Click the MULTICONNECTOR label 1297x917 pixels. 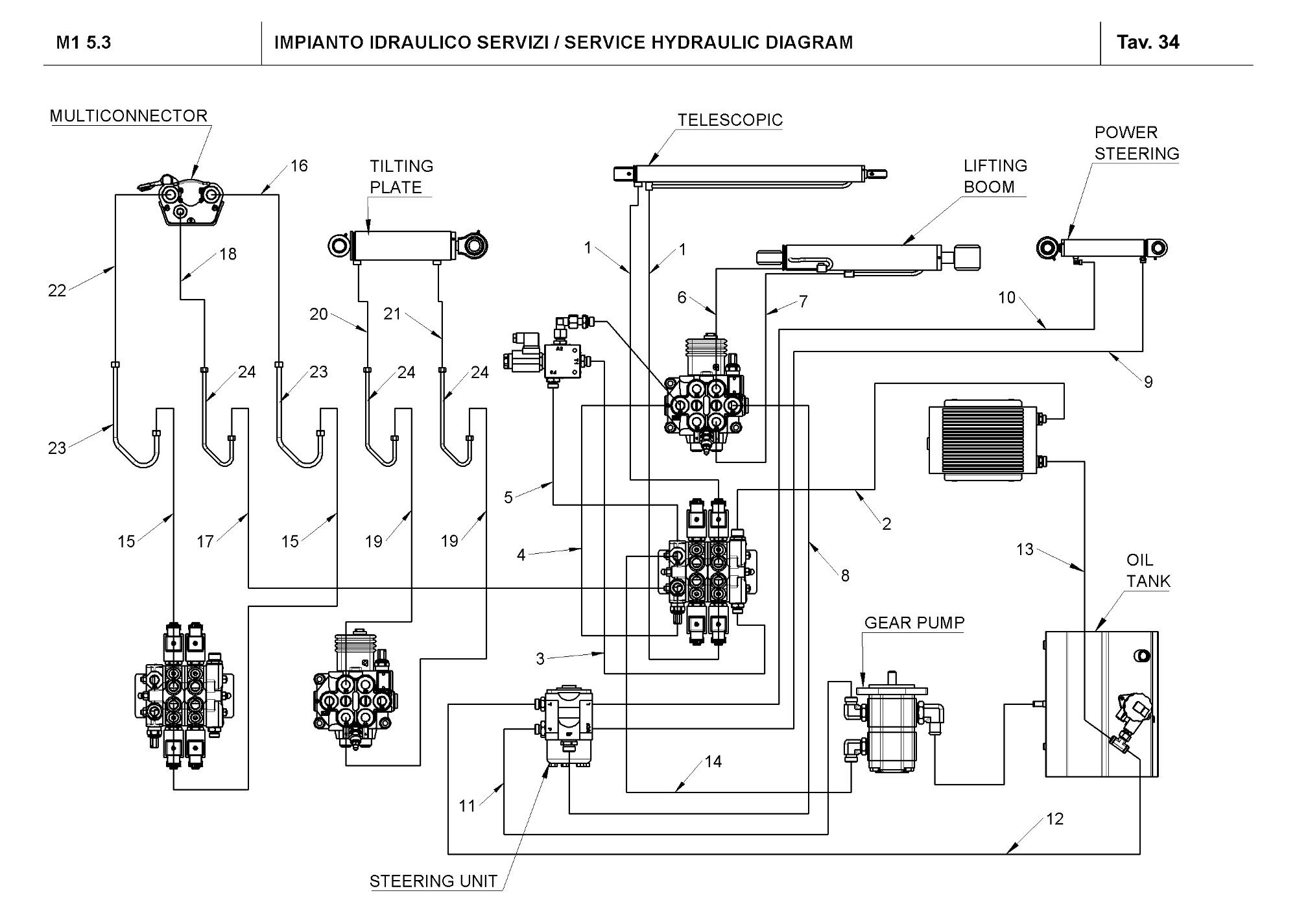tap(128, 116)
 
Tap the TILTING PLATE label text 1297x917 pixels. tap(401, 176)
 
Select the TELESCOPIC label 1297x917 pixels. tap(730, 121)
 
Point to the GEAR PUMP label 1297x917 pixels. tap(914, 623)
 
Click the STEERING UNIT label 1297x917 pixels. tap(433, 881)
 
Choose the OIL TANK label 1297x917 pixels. tap(1148, 571)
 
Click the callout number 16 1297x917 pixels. tap(299, 166)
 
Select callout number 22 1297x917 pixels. tap(57, 291)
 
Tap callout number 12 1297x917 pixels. tap(1054, 819)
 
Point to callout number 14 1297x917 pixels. tap(713, 761)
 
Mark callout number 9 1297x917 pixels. tap(1148, 382)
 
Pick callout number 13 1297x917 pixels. tap(1025, 550)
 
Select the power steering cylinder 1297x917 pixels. tap(1102, 248)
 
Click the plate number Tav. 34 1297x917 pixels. tap(1147, 43)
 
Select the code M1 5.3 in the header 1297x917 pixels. tap(84, 43)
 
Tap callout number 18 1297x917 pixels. tap(228, 254)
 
